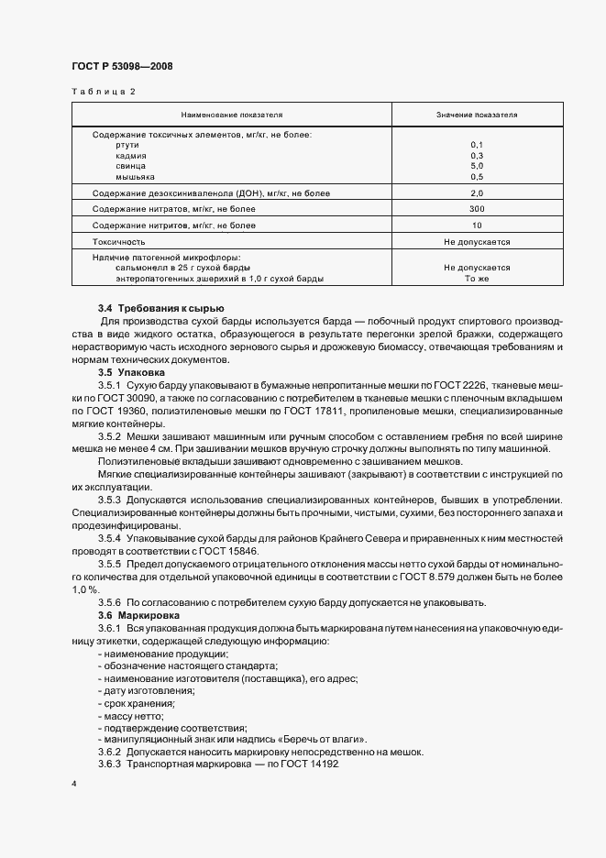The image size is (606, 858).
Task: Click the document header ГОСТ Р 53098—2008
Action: (x=122, y=66)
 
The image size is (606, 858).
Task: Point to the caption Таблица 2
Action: (x=103, y=92)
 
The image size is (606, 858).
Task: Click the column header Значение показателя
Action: (x=477, y=115)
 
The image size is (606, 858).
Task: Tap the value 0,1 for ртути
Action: (x=477, y=145)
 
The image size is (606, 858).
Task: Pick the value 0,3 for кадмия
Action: (x=477, y=156)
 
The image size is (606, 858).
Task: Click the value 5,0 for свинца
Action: (x=477, y=166)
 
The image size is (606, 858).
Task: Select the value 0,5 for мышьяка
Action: (x=477, y=176)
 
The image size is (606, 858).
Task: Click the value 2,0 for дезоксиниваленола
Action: (x=477, y=193)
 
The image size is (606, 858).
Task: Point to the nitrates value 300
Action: (x=477, y=210)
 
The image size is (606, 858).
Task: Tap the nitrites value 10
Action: (x=477, y=225)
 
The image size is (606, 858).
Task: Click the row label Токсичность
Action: (x=119, y=242)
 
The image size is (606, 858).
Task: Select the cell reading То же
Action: (x=477, y=278)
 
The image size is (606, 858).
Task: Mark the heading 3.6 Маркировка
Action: (x=138, y=615)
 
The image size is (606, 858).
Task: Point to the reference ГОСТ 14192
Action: (x=311, y=764)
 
